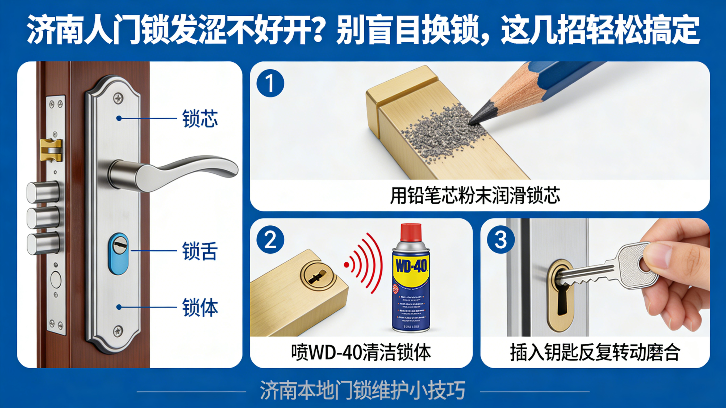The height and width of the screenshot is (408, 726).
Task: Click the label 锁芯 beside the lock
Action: coord(200,119)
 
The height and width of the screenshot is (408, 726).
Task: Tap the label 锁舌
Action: coord(200,251)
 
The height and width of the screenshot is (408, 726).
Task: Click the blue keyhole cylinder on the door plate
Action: coord(119,254)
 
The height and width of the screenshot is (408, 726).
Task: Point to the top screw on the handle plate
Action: coord(118,98)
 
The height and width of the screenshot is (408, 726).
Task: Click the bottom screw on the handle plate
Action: coord(118,330)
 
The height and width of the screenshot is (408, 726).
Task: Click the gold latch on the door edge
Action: coord(51,150)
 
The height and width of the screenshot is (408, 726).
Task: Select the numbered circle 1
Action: coord(270,83)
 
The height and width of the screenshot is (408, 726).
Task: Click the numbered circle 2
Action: coord(270,240)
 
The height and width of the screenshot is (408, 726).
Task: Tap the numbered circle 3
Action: coord(500,240)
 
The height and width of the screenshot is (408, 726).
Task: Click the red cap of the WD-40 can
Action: coord(411,233)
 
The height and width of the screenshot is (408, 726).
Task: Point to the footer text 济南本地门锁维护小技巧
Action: coord(362,390)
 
